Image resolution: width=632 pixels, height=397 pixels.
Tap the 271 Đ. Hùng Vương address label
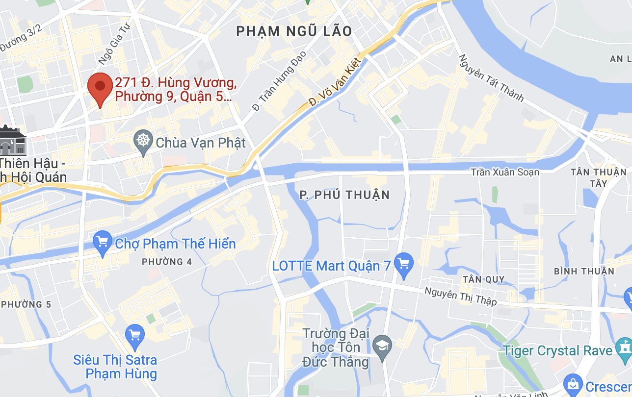(176, 89)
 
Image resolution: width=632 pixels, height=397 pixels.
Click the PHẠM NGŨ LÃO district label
(294, 31)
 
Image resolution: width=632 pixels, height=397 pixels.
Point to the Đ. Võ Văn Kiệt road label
(336, 81)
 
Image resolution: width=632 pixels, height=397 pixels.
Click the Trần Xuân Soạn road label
(505, 172)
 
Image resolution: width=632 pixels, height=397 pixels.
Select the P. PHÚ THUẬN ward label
(344, 195)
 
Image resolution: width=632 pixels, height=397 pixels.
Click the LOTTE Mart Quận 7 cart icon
(404, 265)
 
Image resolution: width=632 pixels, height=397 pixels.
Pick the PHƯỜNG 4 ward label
(167, 262)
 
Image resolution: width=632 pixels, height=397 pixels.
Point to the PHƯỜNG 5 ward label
(26, 304)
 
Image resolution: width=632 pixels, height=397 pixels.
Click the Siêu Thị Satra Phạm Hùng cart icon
(135, 334)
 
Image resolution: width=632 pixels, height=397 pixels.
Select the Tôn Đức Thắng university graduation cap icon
(381, 346)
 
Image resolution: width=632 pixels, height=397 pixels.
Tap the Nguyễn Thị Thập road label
(460, 296)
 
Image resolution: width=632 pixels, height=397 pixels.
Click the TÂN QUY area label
(483, 279)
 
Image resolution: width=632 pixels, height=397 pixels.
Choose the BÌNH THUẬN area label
(584, 271)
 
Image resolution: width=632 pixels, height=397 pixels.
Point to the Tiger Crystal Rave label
(558, 351)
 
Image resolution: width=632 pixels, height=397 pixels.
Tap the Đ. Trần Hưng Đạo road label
(279, 80)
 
